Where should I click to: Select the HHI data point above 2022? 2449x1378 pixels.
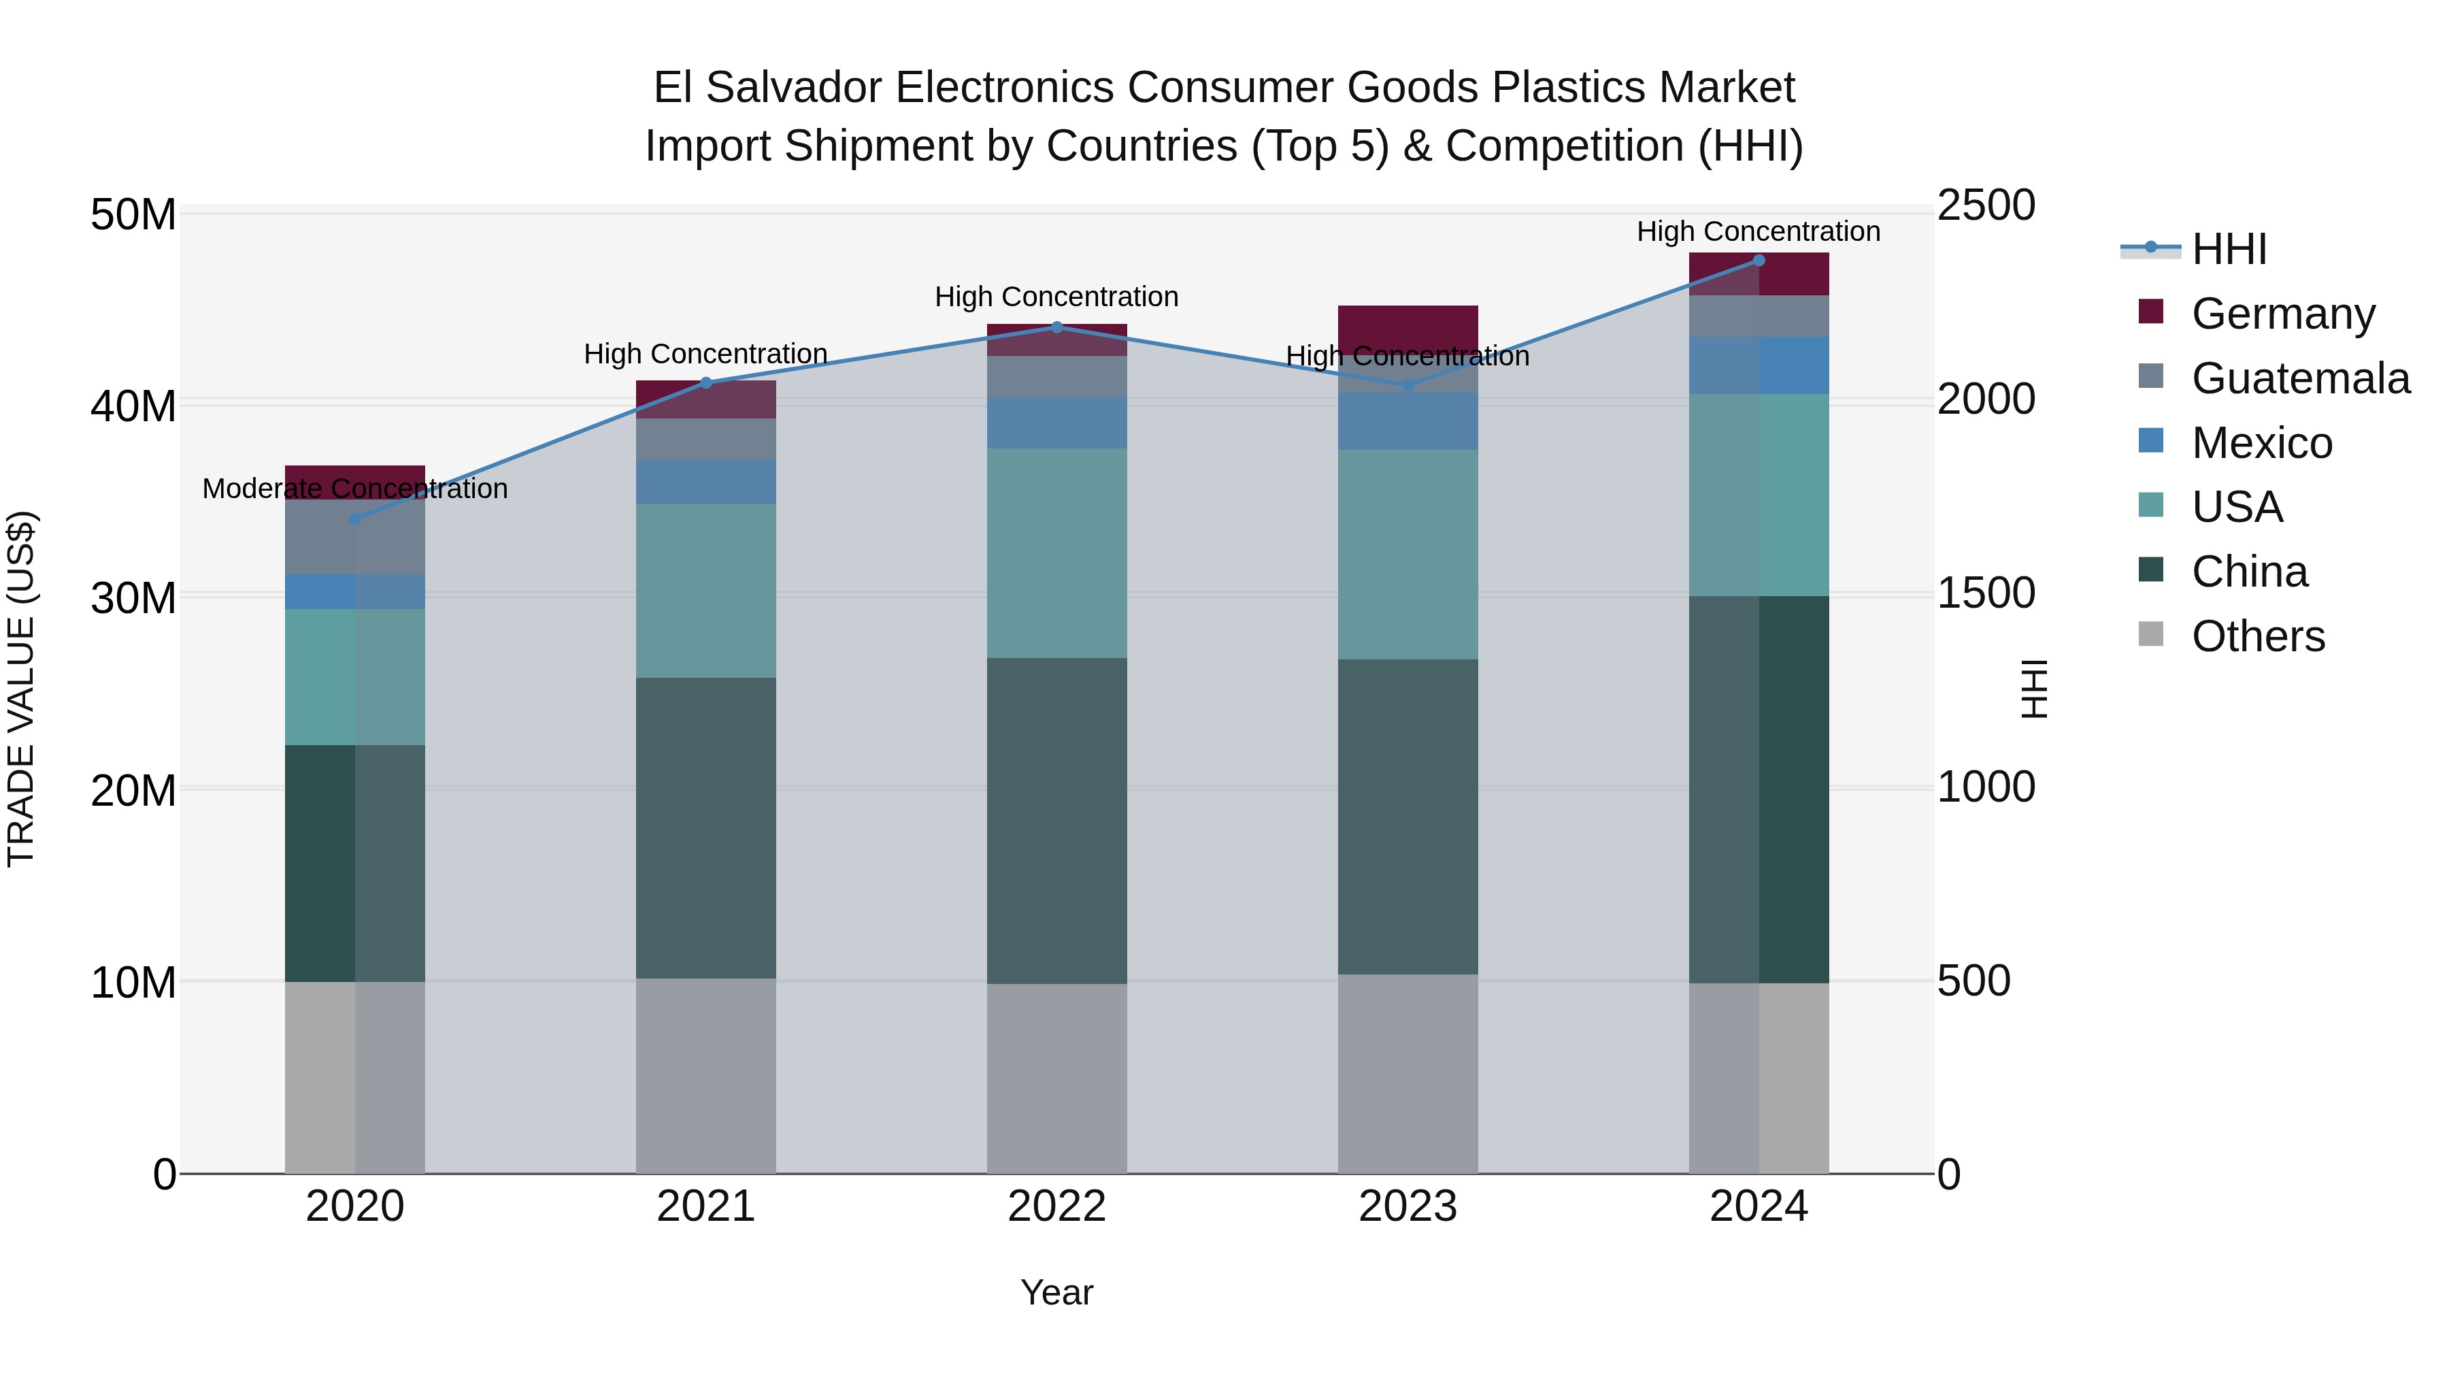(x=1056, y=327)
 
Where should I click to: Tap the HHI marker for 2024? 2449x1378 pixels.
(x=1758, y=261)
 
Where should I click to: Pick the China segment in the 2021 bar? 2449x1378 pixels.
(x=705, y=827)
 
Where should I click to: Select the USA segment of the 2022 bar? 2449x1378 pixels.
(x=1056, y=553)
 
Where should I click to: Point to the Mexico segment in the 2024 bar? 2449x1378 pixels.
(x=1758, y=365)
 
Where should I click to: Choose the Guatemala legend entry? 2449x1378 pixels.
(x=2300, y=378)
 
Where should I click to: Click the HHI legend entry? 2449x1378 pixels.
(x=2229, y=249)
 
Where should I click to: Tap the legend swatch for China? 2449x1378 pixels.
(x=2150, y=571)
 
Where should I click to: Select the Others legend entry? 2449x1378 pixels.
(x=2257, y=636)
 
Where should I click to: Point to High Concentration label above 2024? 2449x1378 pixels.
(x=1758, y=231)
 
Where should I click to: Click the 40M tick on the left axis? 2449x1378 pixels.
(x=133, y=407)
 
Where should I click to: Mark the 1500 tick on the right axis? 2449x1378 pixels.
(x=1986, y=593)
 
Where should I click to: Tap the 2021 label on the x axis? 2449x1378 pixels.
(x=705, y=1207)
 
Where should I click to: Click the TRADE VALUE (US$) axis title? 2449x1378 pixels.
(x=21, y=689)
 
